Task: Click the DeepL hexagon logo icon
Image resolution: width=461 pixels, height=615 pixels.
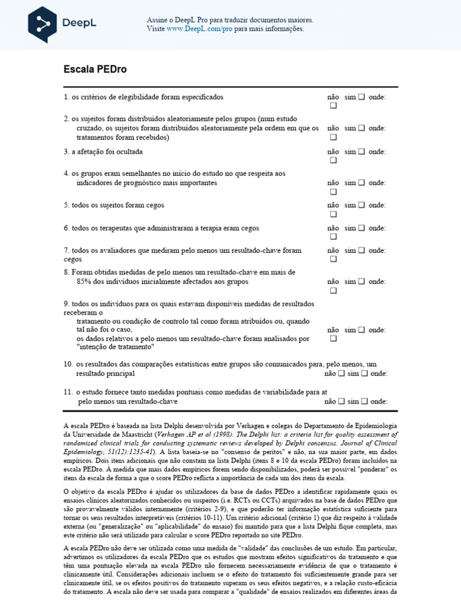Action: pyautogui.click(x=43, y=23)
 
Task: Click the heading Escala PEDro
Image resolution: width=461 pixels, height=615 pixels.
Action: pyautogui.click(x=95, y=69)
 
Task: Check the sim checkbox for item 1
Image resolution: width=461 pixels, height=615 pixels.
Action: pyautogui.click(x=361, y=97)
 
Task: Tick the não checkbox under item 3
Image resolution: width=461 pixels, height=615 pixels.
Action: pyautogui.click(x=333, y=160)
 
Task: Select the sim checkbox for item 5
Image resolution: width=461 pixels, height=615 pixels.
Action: pyautogui.click(x=361, y=205)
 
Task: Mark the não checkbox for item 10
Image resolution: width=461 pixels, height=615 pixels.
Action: pyautogui.click(x=341, y=373)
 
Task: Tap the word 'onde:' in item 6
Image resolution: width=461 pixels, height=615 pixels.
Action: pyautogui.click(x=377, y=228)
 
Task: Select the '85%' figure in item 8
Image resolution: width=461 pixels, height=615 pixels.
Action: pyautogui.click(x=84, y=281)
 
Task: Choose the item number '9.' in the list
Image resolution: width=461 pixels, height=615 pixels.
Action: pyautogui.click(x=67, y=303)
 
